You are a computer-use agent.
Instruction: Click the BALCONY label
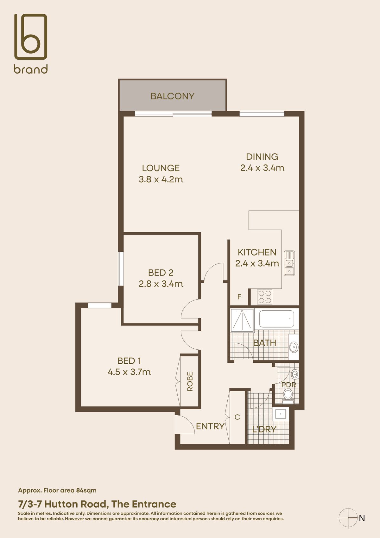click(172, 96)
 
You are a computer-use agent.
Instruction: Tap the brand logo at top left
click(31, 43)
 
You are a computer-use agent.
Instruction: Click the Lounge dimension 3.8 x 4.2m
click(161, 179)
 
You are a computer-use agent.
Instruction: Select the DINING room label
click(262, 157)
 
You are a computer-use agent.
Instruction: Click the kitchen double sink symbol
click(289, 263)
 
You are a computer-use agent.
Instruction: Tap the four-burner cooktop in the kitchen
click(265, 297)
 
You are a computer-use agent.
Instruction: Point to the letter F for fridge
click(239, 297)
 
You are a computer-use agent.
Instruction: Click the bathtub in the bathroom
click(276, 319)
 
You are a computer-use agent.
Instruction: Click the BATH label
click(265, 343)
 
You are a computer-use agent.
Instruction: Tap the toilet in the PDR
click(288, 394)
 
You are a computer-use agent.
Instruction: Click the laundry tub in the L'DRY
click(281, 414)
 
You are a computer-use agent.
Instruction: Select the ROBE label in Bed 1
click(190, 381)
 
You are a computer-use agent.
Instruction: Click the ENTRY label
click(210, 426)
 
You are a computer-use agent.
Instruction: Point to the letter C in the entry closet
click(237, 417)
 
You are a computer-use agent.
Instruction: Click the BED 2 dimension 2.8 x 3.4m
click(161, 284)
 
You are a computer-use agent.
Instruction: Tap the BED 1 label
click(129, 361)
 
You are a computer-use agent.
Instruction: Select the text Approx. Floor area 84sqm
click(57, 490)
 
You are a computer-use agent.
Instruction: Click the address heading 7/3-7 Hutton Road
click(97, 504)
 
